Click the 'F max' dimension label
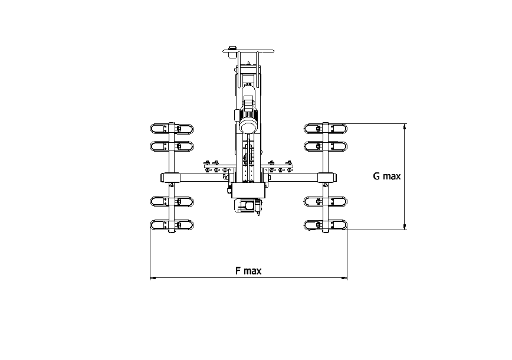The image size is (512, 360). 248,271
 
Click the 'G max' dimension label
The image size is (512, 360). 386,176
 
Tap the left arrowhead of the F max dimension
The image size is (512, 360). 153,278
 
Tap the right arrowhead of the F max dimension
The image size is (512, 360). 344,278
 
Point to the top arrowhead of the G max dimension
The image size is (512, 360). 405,127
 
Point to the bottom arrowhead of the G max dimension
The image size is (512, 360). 405,227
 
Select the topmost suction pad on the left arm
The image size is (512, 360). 172,129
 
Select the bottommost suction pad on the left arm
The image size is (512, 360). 172,225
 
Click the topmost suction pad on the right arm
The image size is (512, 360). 326,129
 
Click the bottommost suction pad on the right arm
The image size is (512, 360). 326,225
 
